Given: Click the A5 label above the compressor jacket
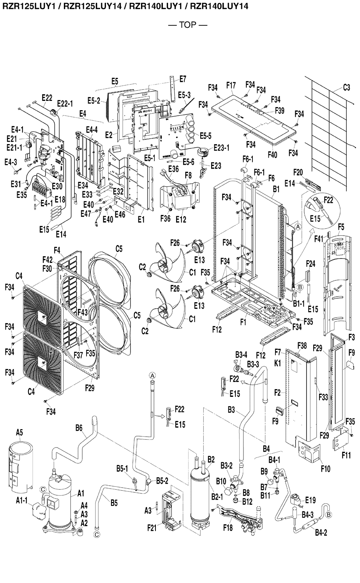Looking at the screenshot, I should pyautogui.click(x=19, y=432).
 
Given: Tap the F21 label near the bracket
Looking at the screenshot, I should pyautogui.click(x=152, y=527).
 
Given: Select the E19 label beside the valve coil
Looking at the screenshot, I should pyautogui.click(x=311, y=500).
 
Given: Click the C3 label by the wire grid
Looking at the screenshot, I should pyautogui.click(x=346, y=88).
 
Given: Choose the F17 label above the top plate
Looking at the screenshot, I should pyautogui.click(x=231, y=85).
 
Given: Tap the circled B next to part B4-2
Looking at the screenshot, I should pyautogui.click(x=329, y=515).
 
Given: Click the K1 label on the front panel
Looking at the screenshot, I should pyautogui.click(x=278, y=363).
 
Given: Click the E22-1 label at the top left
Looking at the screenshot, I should pyautogui.click(x=65, y=104).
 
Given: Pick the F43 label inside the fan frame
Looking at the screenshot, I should pyautogui.click(x=83, y=312).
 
